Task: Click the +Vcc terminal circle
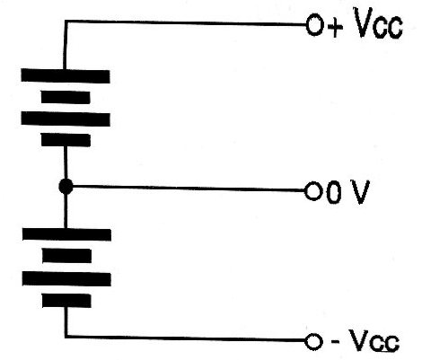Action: (315, 25)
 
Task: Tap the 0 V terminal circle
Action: (313, 191)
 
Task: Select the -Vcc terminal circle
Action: (313, 342)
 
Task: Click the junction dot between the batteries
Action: (66, 187)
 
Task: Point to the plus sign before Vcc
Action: (335, 28)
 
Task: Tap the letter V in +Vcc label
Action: (364, 22)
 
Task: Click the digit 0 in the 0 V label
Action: (333, 192)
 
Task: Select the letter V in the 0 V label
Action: (359, 192)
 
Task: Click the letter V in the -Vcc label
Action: (359, 340)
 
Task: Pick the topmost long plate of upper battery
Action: (66, 75)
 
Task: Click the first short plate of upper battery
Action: (66, 98)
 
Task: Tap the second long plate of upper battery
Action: (66, 119)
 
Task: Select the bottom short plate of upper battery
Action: (66, 140)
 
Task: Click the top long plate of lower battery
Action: (66, 234)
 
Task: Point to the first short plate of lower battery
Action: (67, 256)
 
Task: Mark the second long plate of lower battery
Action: (66, 278)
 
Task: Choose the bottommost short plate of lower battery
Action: (66, 301)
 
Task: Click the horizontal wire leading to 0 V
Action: (189, 189)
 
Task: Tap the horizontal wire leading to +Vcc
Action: (186, 22)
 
